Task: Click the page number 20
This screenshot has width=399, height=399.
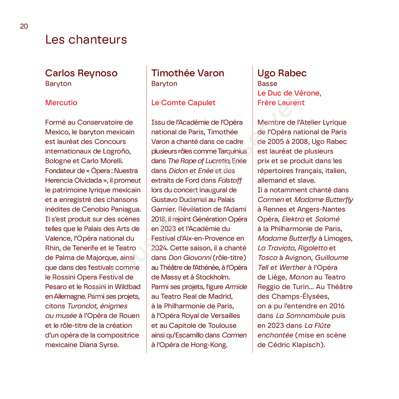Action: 24,26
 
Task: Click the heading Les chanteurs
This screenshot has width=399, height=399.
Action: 86,40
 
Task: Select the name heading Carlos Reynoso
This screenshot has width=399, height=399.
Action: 81,73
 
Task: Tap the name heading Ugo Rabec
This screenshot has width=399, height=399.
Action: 282,73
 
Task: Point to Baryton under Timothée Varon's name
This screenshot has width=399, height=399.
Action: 164,84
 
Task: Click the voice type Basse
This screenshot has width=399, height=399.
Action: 267,84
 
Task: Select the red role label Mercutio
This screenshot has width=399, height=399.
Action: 61,103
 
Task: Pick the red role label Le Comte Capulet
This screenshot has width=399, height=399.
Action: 183,103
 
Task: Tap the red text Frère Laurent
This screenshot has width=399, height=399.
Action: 281,103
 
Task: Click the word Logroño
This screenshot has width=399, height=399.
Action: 117,151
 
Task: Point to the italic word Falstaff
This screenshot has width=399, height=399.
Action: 230,180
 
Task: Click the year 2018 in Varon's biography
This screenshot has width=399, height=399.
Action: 159,219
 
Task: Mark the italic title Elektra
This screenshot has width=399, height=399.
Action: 293,219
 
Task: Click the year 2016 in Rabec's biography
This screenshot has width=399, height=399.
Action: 337,306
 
